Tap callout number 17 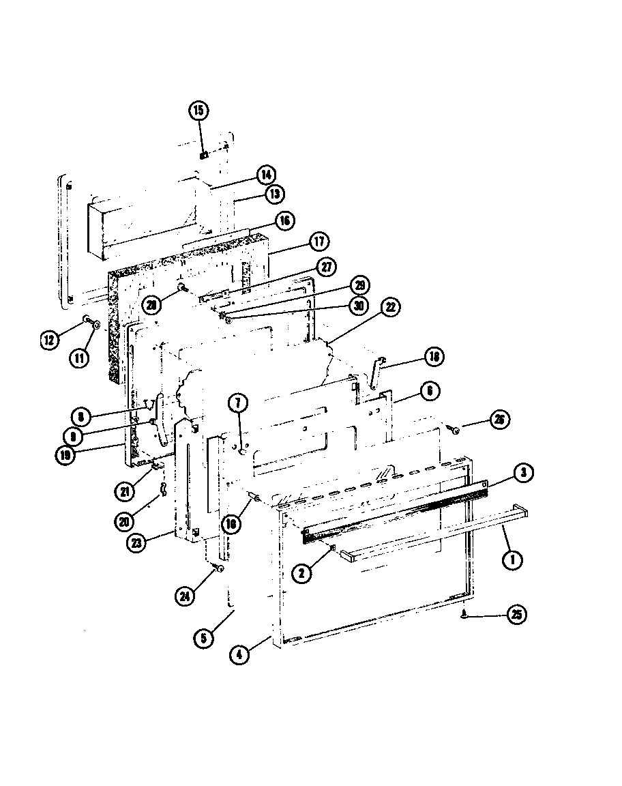[x=319, y=242]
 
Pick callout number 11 [x=78, y=358]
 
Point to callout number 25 [x=517, y=615]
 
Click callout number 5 [x=203, y=639]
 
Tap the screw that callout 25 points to [x=463, y=613]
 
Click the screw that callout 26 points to [x=453, y=428]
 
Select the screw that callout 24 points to [x=218, y=568]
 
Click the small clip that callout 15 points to [x=203, y=155]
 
